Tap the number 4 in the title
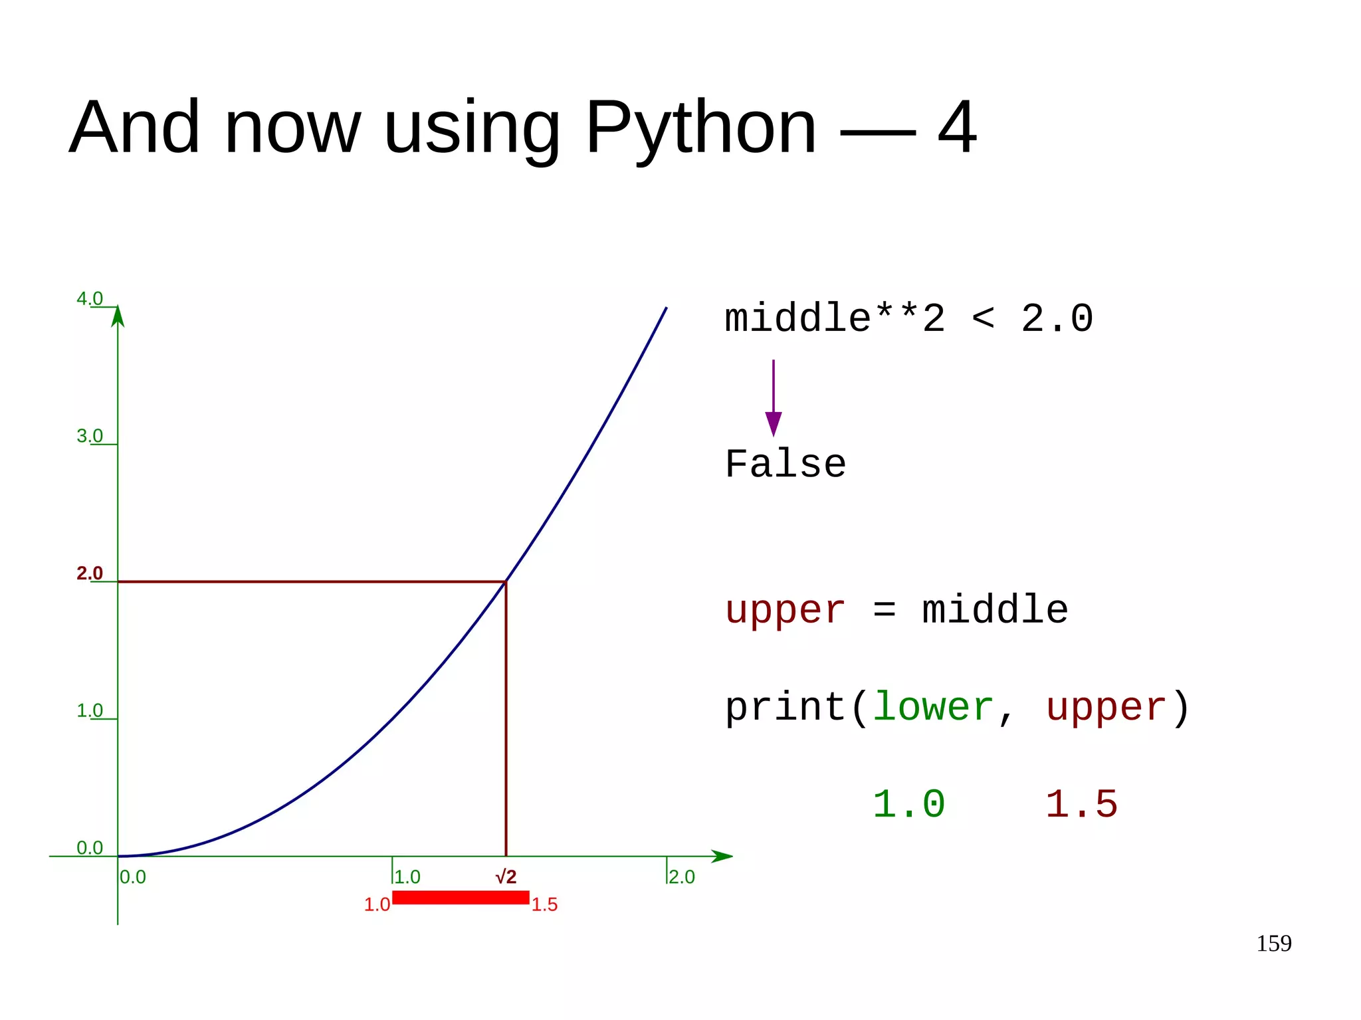pyautogui.click(x=957, y=128)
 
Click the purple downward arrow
pyautogui.click(x=773, y=399)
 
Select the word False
pyautogui.click(x=785, y=464)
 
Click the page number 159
pyautogui.click(x=1273, y=944)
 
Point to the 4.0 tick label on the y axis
pyautogui.click(x=90, y=298)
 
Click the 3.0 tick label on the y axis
pyautogui.click(x=90, y=436)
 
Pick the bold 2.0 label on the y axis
pyautogui.click(x=90, y=573)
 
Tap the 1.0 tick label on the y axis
pyautogui.click(x=90, y=710)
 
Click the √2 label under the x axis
pyautogui.click(x=506, y=877)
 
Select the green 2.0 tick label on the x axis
pyautogui.click(x=682, y=877)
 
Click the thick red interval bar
pyautogui.click(x=461, y=898)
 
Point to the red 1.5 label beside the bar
pyautogui.click(x=544, y=904)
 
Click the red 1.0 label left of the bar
pyautogui.click(x=377, y=904)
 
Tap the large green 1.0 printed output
pyautogui.click(x=908, y=804)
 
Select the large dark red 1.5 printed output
pyautogui.click(x=1081, y=804)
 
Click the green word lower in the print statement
pyautogui.click(x=932, y=707)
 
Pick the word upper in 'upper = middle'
pyautogui.click(x=785, y=610)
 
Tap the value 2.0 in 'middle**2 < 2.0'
pyautogui.click(x=1057, y=318)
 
